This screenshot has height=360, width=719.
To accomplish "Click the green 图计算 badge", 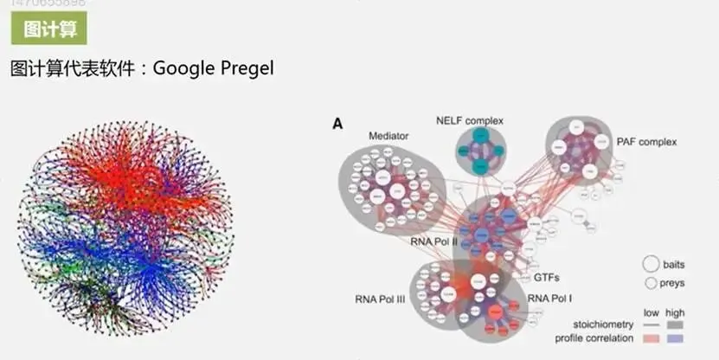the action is [48, 29].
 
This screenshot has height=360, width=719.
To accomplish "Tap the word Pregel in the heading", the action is [246, 67].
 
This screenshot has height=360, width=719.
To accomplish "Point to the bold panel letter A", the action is [337, 124].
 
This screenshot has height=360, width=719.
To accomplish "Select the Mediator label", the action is [388, 136].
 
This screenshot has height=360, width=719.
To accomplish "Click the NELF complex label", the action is [470, 120].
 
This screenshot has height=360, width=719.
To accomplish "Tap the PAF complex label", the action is [646, 141].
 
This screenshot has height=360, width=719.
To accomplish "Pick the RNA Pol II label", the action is [433, 241].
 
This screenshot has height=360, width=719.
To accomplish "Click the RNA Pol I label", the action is [551, 298].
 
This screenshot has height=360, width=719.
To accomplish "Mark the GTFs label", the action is [547, 278].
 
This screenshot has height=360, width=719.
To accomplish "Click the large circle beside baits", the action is [650, 264].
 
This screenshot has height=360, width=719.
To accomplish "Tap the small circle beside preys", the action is [650, 283].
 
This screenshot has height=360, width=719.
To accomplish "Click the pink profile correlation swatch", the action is [650, 337].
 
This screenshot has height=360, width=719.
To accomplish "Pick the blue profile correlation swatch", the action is [676, 337].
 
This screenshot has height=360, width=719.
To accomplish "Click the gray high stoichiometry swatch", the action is [676, 325].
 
